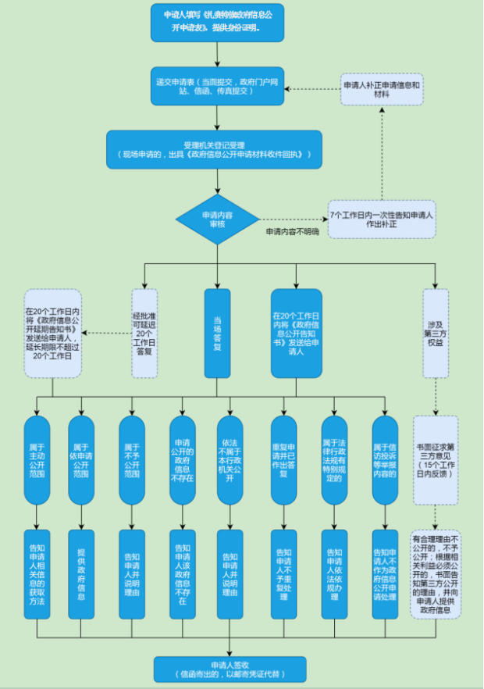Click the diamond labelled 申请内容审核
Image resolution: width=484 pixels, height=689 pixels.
[216, 218]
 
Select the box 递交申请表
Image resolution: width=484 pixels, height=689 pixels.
[216, 85]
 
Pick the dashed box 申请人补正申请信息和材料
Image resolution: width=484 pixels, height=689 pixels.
[382, 89]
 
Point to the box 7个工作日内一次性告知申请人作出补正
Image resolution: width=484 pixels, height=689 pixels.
[381, 218]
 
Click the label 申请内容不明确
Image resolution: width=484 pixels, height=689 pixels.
[292, 232]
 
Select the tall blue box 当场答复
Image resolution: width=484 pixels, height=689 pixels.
[217, 333]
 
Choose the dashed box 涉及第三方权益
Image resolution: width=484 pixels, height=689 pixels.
[436, 333]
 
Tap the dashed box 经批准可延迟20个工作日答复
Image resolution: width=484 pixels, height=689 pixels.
[144, 333]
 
